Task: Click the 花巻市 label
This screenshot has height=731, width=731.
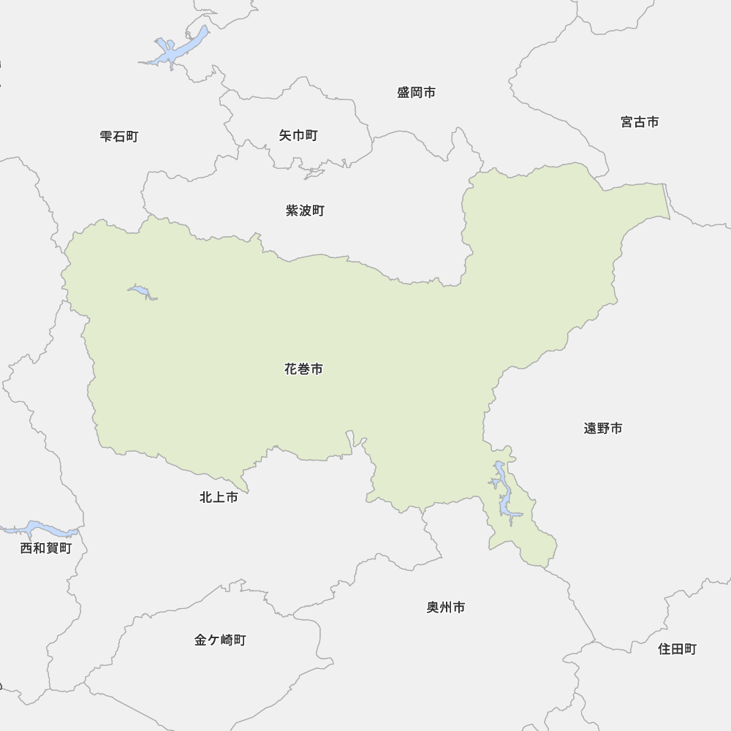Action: pyautogui.click(x=303, y=370)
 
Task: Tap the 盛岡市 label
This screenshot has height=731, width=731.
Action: pyautogui.click(x=417, y=93)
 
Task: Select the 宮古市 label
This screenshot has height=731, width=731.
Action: pyautogui.click(x=640, y=122)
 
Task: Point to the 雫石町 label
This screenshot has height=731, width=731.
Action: pyautogui.click(x=119, y=136)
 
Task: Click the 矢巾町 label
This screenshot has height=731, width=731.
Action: pyautogui.click(x=298, y=136)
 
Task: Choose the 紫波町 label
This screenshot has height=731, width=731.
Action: pyautogui.click(x=305, y=211)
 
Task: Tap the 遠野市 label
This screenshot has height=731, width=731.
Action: pyautogui.click(x=603, y=428)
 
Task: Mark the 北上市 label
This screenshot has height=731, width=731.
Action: pyautogui.click(x=219, y=498)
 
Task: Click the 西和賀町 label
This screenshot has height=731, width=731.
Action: pyautogui.click(x=46, y=548)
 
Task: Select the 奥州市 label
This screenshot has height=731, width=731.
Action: pyautogui.click(x=446, y=607)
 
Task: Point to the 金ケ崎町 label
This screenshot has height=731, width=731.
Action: pyautogui.click(x=220, y=640)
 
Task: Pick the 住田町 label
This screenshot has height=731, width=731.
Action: pyautogui.click(x=678, y=649)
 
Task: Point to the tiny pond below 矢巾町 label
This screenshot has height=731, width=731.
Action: pyautogui.click(x=314, y=175)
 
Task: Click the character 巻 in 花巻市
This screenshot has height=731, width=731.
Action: pyautogui.click(x=303, y=370)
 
